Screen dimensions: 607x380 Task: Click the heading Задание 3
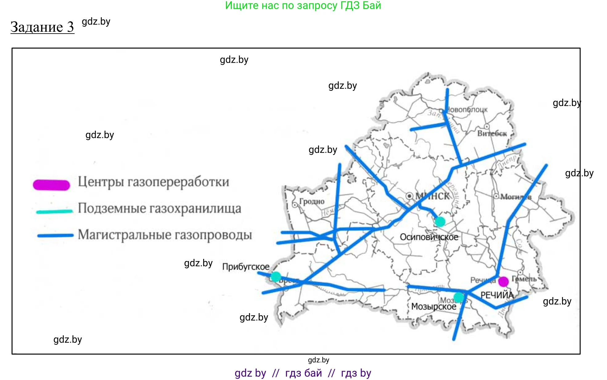42,27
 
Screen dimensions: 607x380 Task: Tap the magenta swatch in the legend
51,185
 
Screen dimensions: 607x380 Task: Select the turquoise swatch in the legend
55,211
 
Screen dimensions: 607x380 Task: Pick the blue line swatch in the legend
55,235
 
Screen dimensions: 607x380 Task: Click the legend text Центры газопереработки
153,182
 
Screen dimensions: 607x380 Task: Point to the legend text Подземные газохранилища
159,208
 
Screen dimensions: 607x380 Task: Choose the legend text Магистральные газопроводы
165,235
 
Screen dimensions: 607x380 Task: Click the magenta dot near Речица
503,281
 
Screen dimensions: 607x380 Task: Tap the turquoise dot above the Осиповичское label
440,221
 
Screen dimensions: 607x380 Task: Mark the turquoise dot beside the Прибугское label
276,276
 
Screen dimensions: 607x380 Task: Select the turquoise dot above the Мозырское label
459,297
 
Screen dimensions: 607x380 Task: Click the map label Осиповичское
429,237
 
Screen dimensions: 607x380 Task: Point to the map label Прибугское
246,267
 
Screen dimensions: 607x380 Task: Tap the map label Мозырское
433,306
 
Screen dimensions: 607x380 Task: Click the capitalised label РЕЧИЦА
497,295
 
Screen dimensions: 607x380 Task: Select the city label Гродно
312,202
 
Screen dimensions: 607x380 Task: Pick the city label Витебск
492,133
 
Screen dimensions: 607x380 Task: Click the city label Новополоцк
467,109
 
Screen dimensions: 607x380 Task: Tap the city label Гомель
524,279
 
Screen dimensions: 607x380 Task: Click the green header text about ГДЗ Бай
303,6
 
